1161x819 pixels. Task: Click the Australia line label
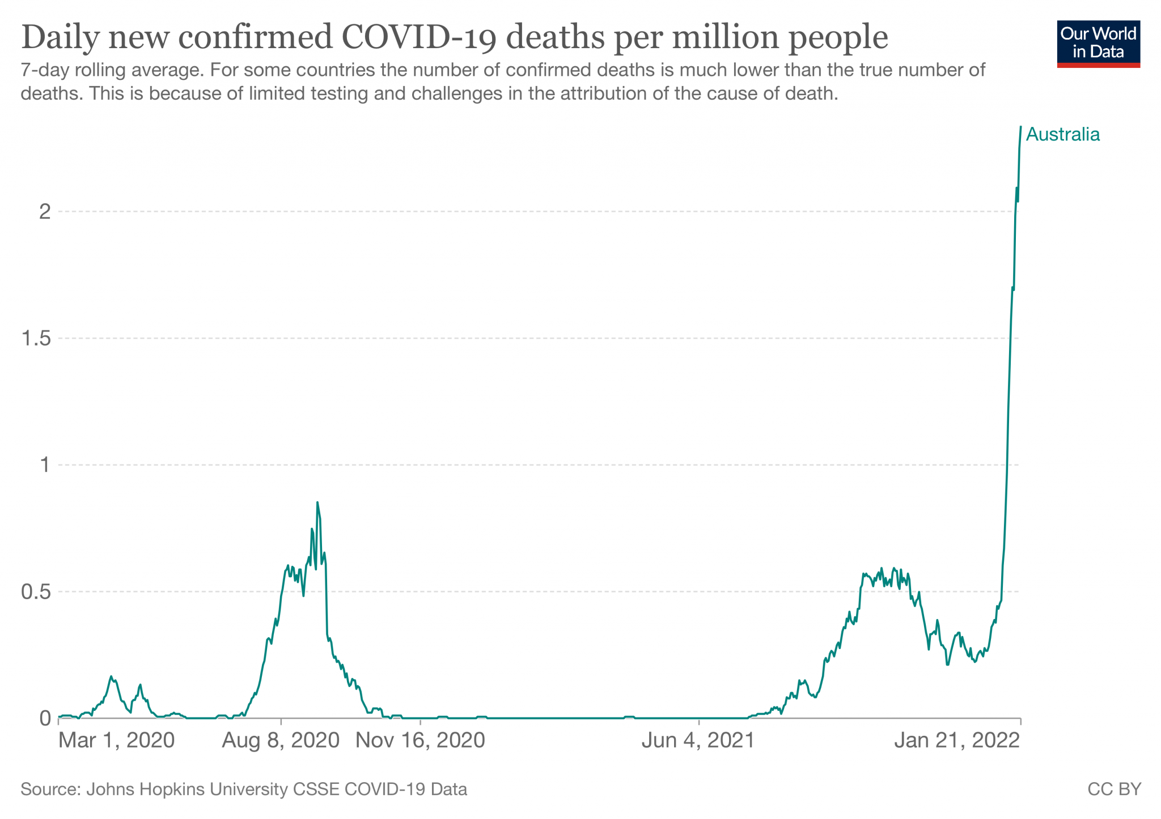tap(1062, 135)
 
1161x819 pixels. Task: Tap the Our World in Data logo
tap(1098, 44)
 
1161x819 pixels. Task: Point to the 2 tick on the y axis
tap(45, 212)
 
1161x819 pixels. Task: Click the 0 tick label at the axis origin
tap(45, 719)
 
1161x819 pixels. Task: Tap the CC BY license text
tap(1114, 790)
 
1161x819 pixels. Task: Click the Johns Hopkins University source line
tap(244, 790)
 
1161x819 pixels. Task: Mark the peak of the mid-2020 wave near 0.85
tap(317, 502)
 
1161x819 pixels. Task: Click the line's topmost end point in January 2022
tap(1020, 127)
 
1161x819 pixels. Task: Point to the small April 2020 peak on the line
tap(112, 676)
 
